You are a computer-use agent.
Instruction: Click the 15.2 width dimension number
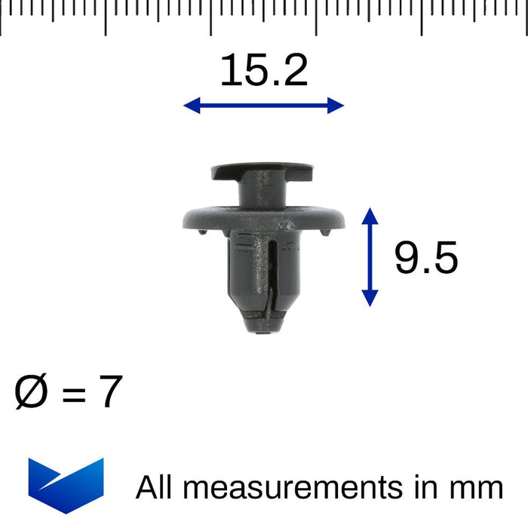pos(263,71)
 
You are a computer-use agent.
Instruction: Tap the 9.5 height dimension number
pos(425,259)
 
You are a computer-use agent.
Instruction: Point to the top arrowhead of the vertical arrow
pos(370,216)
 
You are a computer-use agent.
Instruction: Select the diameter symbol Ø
pos(31,393)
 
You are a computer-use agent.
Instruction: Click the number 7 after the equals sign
pos(109,393)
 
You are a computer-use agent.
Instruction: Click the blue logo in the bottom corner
pos(66,485)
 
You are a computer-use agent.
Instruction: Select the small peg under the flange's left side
pos(201,233)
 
